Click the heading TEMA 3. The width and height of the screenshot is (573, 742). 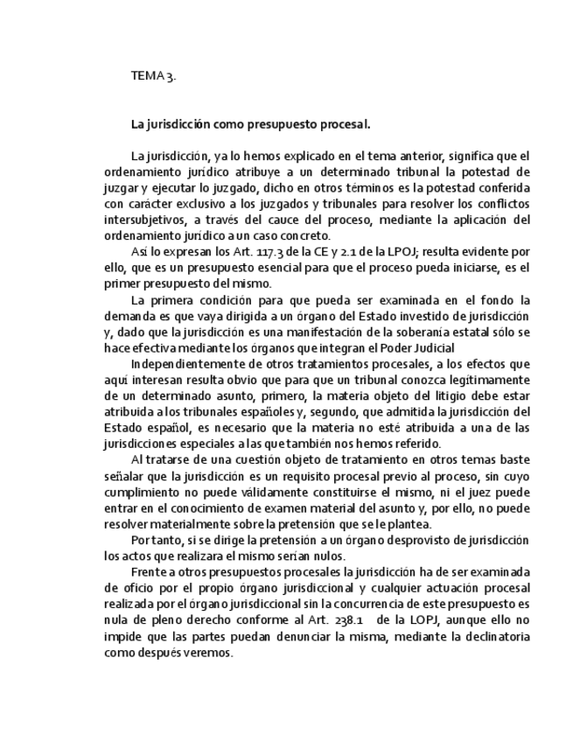pyautogui.click(x=153, y=76)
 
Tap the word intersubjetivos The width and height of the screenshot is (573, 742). pyautogui.click(x=146, y=219)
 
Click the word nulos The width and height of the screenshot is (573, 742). pyautogui.click(x=328, y=557)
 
